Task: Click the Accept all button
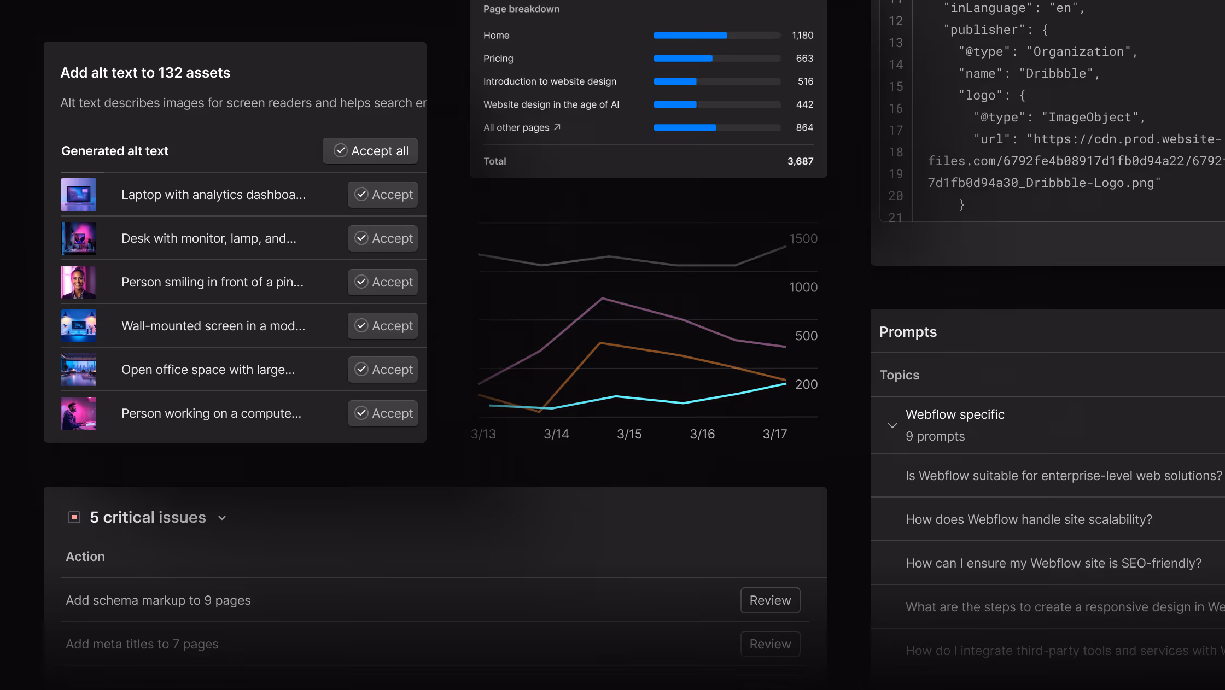[x=370, y=151]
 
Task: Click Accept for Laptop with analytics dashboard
[x=383, y=195]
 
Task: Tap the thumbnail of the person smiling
[x=79, y=282]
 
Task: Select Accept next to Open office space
[x=383, y=370]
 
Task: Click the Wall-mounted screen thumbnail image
[x=79, y=326]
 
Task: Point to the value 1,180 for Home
[x=802, y=36]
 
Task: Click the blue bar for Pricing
[x=683, y=59]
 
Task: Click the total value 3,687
[x=800, y=161]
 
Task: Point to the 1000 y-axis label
[x=803, y=287]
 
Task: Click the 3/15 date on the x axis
[x=629, y=434]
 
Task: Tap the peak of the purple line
[x=603, y=298]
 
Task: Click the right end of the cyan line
[x=785, y=384]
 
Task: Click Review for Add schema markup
[x=770, y=600]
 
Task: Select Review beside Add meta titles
[x=770, y=644]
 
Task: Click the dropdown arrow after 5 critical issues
[x=222, y=518]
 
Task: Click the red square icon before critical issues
[x=74, y=517]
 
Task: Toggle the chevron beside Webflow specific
[x=892, y=425]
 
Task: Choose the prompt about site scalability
[x=1029, y=519]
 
